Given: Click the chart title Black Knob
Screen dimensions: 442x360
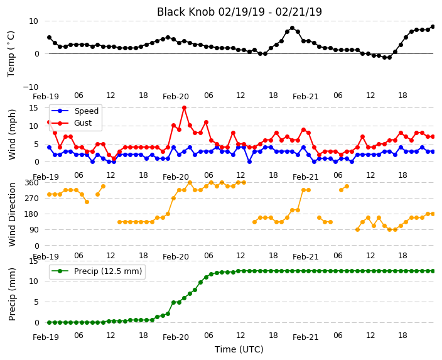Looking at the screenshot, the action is point(185,12).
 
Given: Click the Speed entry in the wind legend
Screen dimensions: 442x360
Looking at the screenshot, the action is point(86,111).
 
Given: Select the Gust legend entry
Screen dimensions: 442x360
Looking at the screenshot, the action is point(83,123).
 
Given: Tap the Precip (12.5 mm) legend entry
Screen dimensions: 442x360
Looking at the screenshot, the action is point(108,271).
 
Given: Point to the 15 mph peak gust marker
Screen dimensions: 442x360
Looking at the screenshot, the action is point(185,108).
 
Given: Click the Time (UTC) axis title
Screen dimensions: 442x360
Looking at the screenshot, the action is point(239,349).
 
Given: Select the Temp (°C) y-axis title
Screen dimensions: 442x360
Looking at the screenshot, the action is point(11,54).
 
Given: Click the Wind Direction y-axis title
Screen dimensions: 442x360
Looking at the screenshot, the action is point(12,215).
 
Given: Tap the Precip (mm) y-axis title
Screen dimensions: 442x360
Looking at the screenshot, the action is point(12,294).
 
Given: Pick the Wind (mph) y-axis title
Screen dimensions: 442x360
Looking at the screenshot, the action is point(12,134).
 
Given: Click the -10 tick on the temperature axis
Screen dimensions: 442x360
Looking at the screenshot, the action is point(31,87).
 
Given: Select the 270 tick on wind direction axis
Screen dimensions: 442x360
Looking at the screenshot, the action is point(33,199).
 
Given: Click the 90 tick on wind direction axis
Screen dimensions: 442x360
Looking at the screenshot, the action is point(35,230).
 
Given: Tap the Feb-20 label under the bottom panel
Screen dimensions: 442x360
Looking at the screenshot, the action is point(176,337).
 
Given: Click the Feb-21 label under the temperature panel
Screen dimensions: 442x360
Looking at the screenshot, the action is point(306,97).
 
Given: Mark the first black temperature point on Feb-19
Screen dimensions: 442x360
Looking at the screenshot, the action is point(50,38).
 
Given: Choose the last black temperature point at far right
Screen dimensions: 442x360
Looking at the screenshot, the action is point(433,27).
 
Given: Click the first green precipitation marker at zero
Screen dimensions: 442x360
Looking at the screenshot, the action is point(50,322).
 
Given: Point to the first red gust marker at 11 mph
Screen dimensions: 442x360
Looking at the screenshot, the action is point(50,122).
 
